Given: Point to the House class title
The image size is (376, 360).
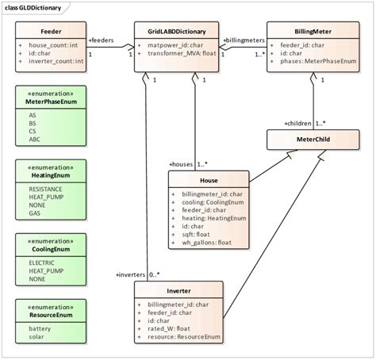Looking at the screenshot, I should pyautogui.click(x=208, y=180).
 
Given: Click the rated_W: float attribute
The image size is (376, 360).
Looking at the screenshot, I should pyautogui.click(x=168, y=329).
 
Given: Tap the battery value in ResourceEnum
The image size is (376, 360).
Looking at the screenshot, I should pyautogui.click(x=40, y=328).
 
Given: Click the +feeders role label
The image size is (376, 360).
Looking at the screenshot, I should pyautogui.click(x=103, y=39).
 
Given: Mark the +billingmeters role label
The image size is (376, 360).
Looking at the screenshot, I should pyautogui.click(x=244, y=39).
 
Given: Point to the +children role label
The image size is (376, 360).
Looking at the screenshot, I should pyautogui.click(x=298, y=124).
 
